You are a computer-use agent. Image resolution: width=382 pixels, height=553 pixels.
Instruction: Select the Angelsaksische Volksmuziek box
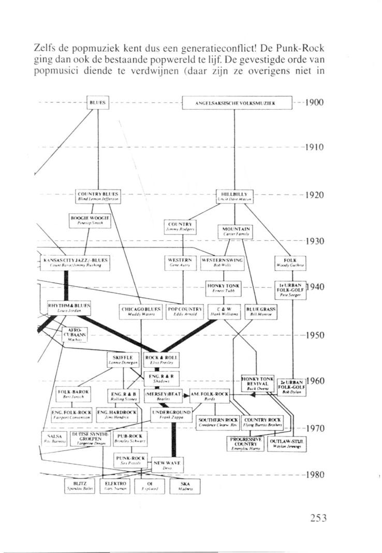click(x=238, y=103)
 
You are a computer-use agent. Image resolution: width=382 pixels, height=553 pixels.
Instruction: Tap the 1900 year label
click(x=314, y=103)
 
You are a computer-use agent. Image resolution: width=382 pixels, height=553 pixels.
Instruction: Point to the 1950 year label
click(x=314, y=335)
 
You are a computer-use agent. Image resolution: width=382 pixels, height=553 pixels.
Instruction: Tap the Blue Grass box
click(x=261, y=312)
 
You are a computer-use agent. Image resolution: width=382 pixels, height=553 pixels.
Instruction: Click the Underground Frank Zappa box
click(x=171, y=414)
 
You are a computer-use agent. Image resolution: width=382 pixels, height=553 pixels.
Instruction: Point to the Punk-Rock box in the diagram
click(x=130, y=461)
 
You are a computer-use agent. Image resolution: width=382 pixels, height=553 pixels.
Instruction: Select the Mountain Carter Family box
click(x=236, y=230)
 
